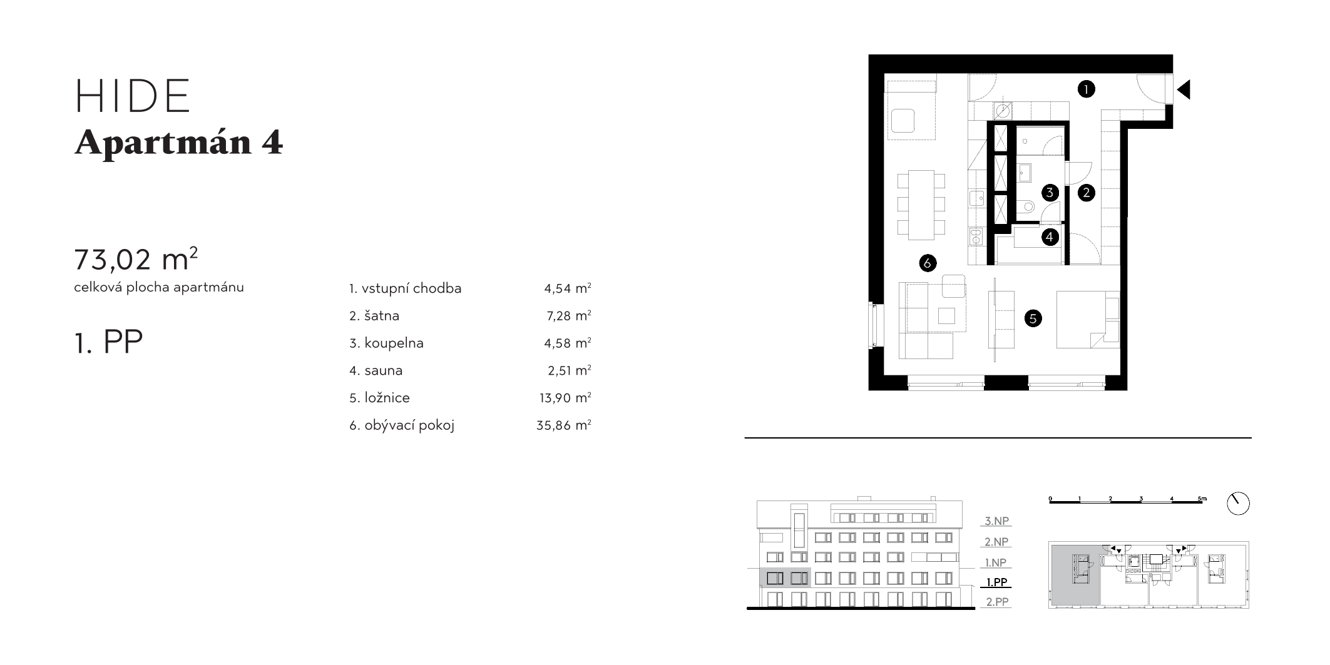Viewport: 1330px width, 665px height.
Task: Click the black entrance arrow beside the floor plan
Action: tap(1184, 90)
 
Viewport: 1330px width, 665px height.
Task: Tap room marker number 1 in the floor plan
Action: tap(1086, 89)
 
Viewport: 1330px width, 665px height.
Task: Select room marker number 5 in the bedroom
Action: tap(1033, 318)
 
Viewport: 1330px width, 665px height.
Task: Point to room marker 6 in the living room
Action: tap(927, 263)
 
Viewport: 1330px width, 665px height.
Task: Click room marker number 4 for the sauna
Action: tap(1050, 237)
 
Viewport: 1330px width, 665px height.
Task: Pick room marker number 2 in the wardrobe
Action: tap(1086, 193)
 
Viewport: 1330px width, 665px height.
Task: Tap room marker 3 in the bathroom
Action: tap(1050, 193)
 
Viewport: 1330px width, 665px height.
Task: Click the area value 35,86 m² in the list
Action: tap(563, 425)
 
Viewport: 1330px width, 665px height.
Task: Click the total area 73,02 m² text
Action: tap(136, 259)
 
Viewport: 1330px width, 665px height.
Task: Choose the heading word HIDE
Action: tap(133, 96)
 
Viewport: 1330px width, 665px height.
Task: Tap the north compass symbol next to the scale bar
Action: tap(1238, 504)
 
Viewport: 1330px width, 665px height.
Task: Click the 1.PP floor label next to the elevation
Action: tap(996, 582)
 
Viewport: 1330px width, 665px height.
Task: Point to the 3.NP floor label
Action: tap(997, 521)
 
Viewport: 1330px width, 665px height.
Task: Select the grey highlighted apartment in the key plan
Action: tap(1075, 575)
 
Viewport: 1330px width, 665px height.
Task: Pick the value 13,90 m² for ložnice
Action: tap(565, 398)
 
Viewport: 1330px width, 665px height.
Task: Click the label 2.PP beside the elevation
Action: tap(997, 602)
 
